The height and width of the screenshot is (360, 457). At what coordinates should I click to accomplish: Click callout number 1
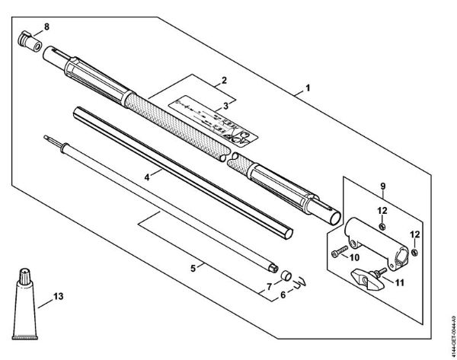pos(308,88)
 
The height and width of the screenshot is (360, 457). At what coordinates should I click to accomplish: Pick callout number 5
pos(193,269)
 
